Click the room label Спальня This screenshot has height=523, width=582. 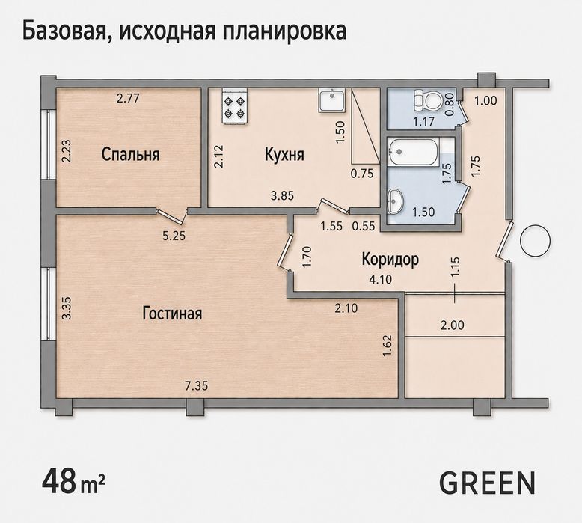[131, 154]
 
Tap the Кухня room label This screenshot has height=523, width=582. [284, 154]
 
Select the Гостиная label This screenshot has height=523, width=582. [172, 314]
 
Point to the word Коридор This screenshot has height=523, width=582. [390, 260]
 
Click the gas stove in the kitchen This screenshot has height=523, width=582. [235, 105]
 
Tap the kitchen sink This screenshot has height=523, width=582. [332, 100]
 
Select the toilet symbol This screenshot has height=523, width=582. [427, 100]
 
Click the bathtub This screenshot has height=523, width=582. [413, 151]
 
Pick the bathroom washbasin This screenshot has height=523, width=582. [396, 201]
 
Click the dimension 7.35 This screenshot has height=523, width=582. [196, 385]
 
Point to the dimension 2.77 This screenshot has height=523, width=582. [128, 98]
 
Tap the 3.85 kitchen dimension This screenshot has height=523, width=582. [282, 195]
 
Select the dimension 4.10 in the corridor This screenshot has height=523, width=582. [381, 279]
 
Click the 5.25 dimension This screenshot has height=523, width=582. [174, 236]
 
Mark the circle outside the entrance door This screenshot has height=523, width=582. [535, 240]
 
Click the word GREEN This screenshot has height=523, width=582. [488, 483]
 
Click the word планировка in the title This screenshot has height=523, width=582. [285, 32]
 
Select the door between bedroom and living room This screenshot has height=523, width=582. [171, 217]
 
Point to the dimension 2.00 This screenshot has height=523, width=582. [452, 325]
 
